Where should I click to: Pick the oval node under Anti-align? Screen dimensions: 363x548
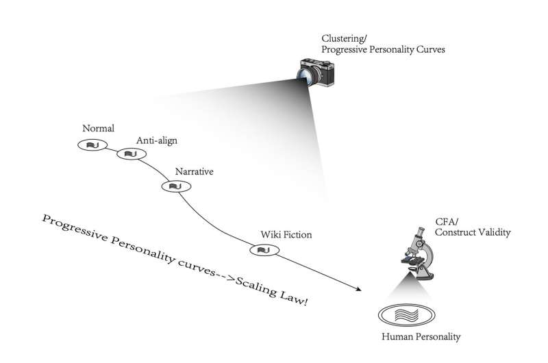point(129,153)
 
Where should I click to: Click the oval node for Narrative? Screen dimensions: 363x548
point(174,186)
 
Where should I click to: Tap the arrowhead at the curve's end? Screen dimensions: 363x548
point(358,290)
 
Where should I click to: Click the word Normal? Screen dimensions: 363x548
point(97,129)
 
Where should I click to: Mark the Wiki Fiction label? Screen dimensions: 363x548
point(286,235)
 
